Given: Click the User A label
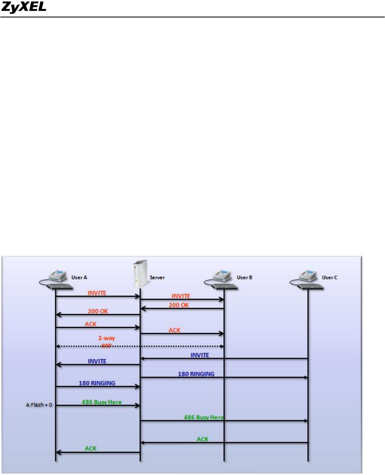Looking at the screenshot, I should [80, 278].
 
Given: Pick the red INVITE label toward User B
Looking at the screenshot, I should [181, 296].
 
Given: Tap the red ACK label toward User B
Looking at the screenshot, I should [174, 330].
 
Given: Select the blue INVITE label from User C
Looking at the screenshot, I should [200, 355].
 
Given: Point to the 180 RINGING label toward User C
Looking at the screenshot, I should [196, 374].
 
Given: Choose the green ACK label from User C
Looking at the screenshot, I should [203, 439].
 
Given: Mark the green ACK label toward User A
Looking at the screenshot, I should [91, 448].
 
